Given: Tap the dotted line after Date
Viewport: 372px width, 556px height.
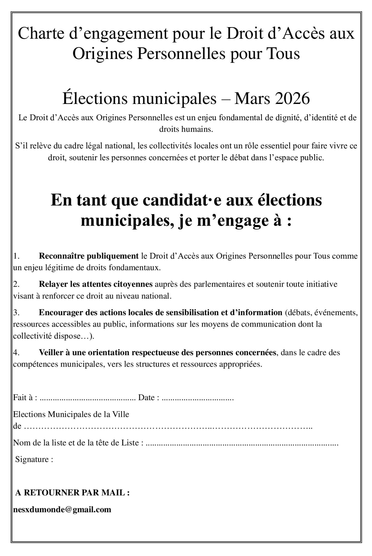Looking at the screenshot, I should (x=198, y=397).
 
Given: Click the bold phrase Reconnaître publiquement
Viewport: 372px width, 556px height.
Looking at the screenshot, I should (x=89, y=256).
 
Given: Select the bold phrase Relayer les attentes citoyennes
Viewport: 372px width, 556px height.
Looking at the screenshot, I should (x=96, y=284).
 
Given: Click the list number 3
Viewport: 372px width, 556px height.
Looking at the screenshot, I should (x=16, y=313).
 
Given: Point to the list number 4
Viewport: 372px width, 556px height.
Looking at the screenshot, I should (x=16, y=352).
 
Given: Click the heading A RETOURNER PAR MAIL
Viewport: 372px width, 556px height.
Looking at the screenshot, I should (x=72, y=493).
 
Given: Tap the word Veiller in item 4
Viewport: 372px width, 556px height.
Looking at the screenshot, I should (x=50, y=352).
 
